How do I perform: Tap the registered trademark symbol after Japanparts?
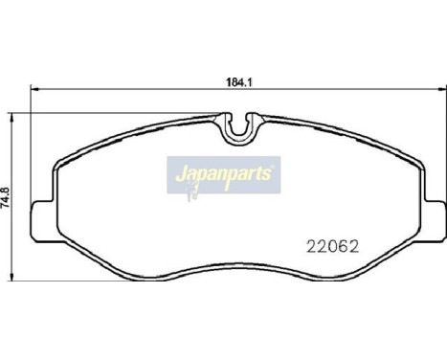click(x=274, y=166)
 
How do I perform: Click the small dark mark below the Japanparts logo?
click(x=191, y=195)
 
